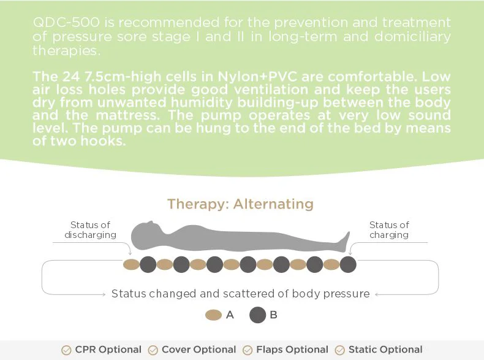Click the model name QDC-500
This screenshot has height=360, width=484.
[x=66, y=22]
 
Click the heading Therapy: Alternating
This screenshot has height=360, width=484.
[x=240, y=204]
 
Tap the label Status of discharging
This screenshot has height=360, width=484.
[x=90, y=229]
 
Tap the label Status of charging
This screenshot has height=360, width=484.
[x=389, y=229]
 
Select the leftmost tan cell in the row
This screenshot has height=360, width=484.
[x=131, y=265]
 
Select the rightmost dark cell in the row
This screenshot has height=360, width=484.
[x=348, y=264]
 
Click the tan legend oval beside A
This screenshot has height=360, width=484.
[x=213, y=315]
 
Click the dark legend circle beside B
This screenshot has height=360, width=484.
[x=258, y=315]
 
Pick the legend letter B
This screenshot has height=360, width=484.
[x=273, y=315]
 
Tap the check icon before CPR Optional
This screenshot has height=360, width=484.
[x=66, y=350]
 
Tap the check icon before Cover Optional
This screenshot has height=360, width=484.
[x=153, y=350]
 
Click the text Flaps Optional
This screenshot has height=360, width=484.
[x=292, y=350]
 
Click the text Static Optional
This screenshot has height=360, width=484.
[x=385, y=350]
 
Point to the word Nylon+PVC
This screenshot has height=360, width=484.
[x=257, y=76]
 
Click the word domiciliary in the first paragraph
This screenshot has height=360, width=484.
[x=412, y=37]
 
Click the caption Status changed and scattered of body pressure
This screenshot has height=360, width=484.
[x=240, y=294]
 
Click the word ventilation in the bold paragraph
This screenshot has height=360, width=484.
[x=271, y=90]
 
